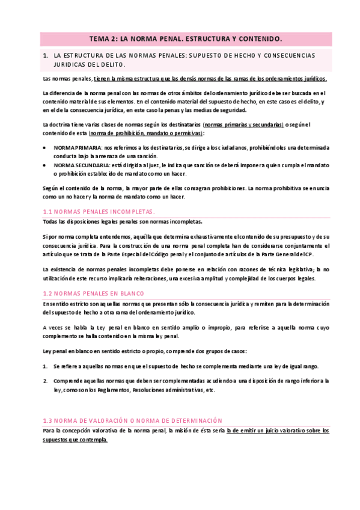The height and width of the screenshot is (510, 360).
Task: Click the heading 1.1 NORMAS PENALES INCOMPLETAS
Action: tap(99, 212)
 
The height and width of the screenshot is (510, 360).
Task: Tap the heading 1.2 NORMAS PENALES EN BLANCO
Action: tap(94, 293)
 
